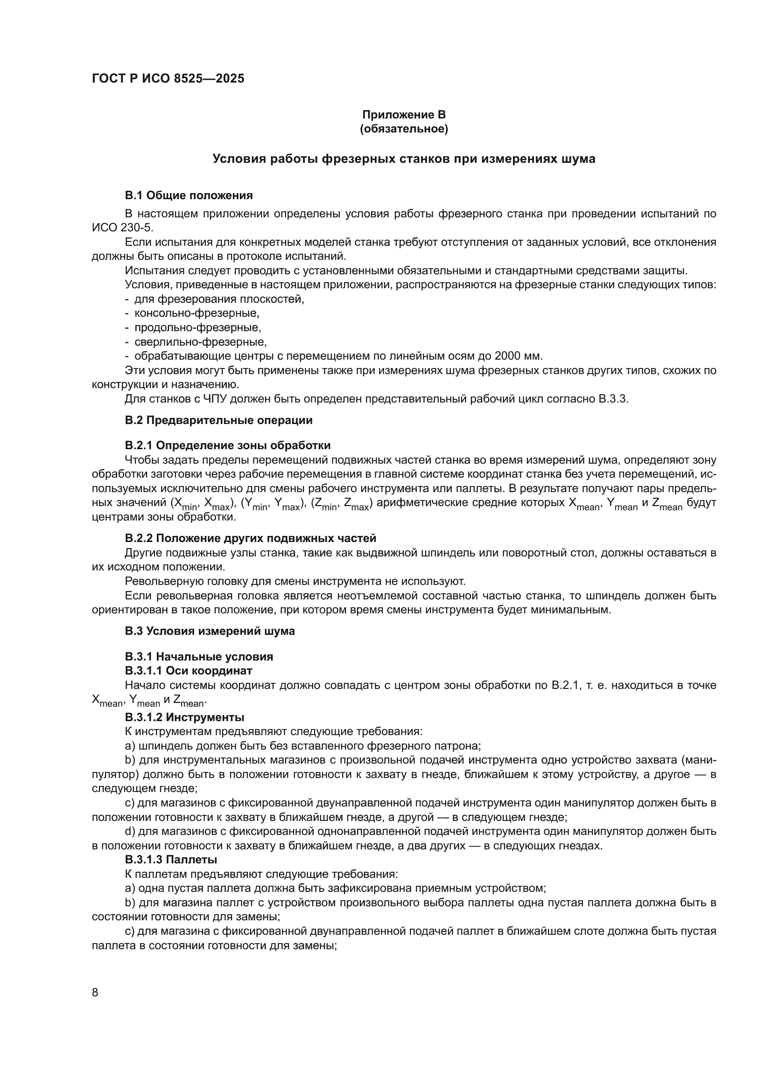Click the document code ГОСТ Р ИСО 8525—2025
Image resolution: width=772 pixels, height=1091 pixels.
tap(168, 79)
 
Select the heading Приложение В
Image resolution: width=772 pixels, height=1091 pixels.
tap(404, 115)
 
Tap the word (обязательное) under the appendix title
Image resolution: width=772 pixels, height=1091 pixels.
tap(404, 129)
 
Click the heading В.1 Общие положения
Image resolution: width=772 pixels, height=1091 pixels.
tap(188, 195)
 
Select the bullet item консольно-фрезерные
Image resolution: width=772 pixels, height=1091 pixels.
tap(197, 313)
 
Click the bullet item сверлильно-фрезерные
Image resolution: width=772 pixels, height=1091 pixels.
tap(200, 341)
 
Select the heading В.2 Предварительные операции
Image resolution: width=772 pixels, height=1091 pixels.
tap(218, 420)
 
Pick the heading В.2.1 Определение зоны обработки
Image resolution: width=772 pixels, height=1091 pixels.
tap(227, 445)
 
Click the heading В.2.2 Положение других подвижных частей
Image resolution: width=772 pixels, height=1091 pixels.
tap(250, 538)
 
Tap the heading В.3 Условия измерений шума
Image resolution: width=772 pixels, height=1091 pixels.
tap(210, 631)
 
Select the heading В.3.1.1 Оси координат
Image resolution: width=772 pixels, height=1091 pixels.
tap(188, 670)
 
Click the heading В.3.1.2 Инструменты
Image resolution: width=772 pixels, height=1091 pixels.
tap(184, 717)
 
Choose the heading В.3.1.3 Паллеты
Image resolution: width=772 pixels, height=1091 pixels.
tap(171, 860)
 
